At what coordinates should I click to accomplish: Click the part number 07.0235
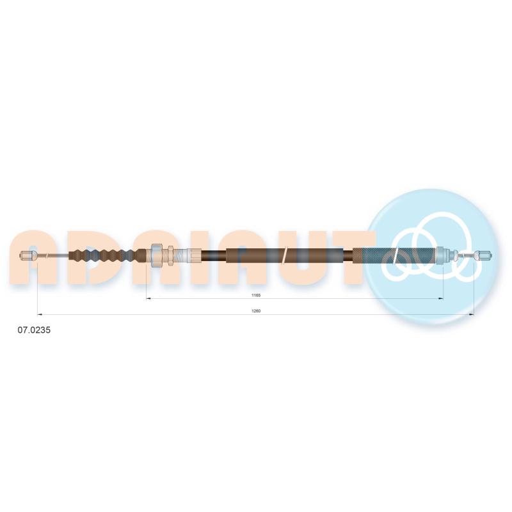34,330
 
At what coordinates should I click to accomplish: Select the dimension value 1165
256,295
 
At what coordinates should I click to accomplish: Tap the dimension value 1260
256,311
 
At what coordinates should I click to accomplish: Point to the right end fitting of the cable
484,255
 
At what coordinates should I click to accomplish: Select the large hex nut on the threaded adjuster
156,255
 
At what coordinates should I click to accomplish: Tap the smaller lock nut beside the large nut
170,255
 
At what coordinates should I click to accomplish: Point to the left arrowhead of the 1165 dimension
148,298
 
